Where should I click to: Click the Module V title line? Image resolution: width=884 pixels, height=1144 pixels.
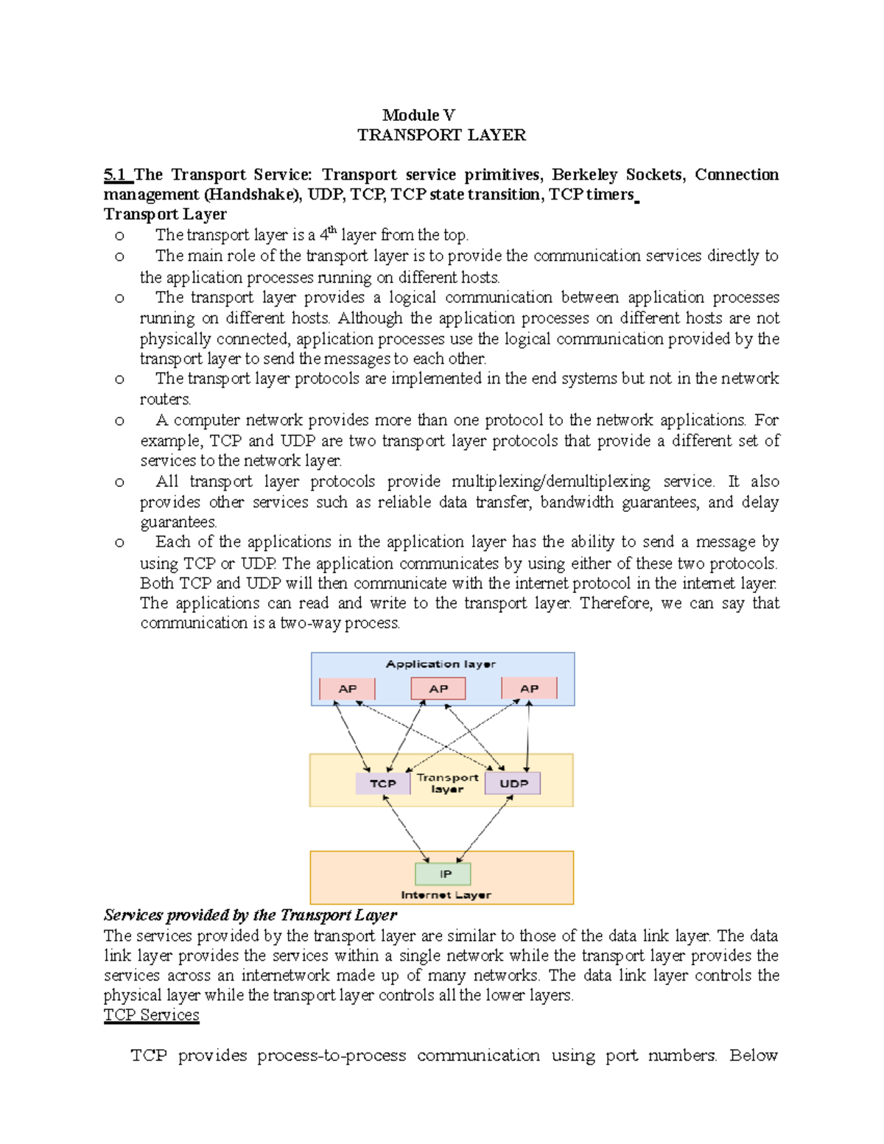418,115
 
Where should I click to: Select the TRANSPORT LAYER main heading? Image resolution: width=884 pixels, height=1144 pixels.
441,135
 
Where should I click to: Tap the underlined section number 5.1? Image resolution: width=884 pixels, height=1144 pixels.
116,175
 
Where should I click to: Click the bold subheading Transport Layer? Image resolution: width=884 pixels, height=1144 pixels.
165,214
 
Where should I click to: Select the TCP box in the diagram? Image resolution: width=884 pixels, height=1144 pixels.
382,783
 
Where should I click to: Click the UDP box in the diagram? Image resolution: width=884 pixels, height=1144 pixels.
513,783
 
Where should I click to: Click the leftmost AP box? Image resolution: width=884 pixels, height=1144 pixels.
347,689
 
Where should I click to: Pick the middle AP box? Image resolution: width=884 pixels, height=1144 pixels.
438,689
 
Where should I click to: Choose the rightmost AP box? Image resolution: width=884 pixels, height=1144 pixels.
529,689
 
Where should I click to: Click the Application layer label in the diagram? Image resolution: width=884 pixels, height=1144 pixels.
441,664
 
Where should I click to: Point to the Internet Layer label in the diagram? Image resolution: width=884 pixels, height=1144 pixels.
446,895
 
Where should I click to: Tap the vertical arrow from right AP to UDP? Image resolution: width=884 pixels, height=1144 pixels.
528,737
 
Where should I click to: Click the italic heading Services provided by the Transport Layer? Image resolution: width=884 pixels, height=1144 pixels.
250,915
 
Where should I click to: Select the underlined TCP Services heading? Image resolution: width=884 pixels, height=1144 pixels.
151,1015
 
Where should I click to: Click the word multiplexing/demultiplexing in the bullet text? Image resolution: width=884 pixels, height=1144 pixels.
550,482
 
